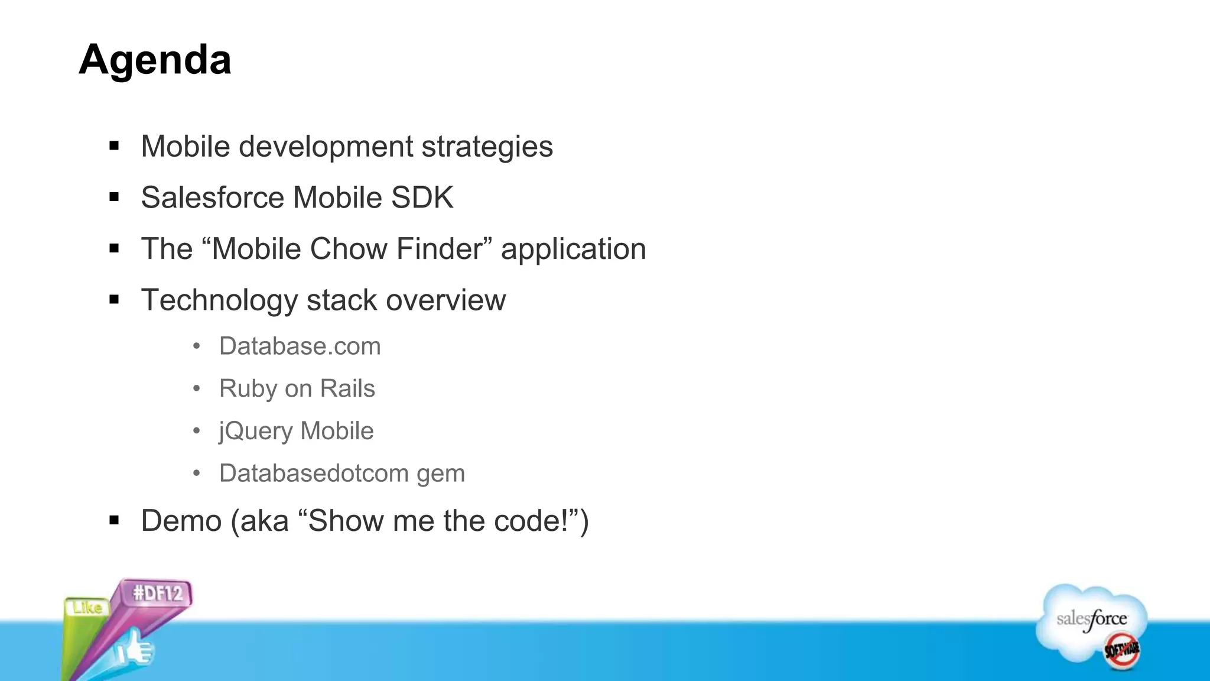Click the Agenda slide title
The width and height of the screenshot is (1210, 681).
click(x=155, y=60)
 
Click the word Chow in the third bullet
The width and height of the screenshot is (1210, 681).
click(x=349, y=249)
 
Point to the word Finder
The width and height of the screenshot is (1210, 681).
click(x=440, y=249)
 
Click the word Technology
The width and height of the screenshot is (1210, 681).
click(x=219, y=300)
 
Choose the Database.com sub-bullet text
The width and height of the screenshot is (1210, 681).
click(x=300, y=346)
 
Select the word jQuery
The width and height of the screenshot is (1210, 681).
click(x=255, y=432)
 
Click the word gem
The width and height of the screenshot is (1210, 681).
click(x=440, y=474)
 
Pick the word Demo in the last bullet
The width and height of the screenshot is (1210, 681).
click(x=181, y=521)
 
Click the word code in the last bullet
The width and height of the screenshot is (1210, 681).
click(x=522, y=521)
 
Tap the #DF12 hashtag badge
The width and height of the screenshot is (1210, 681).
click(x=158, y=593)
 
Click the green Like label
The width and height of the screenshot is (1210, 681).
click(x=87, y=608)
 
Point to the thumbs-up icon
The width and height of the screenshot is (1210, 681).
click(x=135, y=650)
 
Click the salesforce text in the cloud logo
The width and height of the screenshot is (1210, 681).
click(x=1091, y=620)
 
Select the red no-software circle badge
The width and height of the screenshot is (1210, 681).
click(x=1122, y=650)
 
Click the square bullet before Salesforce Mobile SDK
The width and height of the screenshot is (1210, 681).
click(x=114, y=197)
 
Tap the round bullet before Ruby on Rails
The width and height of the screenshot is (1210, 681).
click(x=197, y=389)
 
